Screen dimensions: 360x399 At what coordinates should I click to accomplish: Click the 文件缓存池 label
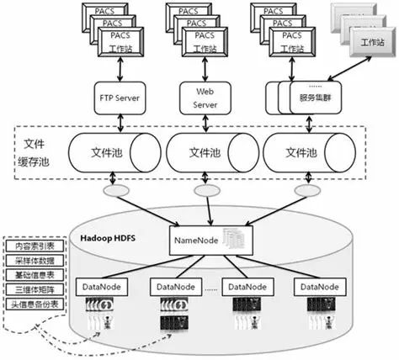coord(35,153)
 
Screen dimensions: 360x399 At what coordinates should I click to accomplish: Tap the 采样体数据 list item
coord(30,261)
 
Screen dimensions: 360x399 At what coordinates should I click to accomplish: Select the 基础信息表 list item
coord(30,274)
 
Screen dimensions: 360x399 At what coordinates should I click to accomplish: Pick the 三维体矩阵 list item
coord(30,288)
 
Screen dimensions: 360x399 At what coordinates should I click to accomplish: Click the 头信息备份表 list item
coord(30,301)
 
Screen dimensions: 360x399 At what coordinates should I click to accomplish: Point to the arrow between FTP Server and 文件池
coord(124,120)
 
